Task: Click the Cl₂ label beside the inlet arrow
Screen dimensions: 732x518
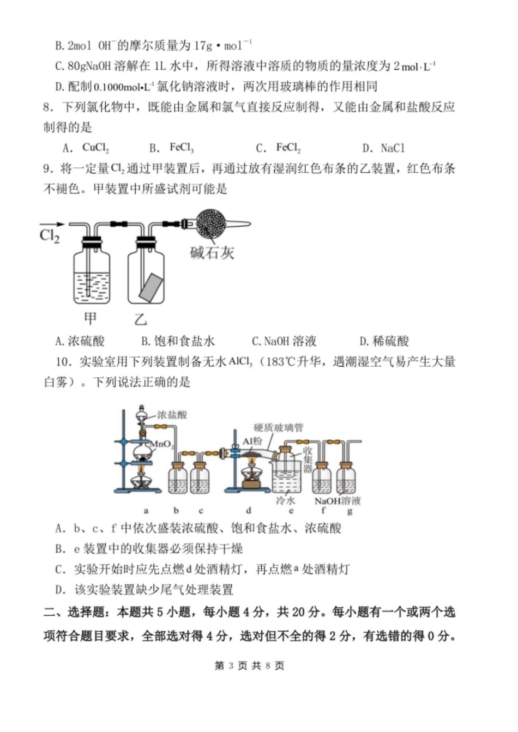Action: (x=50, y=237)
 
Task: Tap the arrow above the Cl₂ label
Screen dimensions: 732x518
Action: (x=52, y=224)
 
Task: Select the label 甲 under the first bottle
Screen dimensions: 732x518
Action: (x=90, y=318)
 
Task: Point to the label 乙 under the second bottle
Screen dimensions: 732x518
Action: (x=141, y=318)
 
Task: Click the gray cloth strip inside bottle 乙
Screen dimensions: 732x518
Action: (x=151, y=287)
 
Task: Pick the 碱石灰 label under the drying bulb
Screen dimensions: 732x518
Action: (x=212, y=252)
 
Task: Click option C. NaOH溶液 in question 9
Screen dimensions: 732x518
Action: (x=284, y=342)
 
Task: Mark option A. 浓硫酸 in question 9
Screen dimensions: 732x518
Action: (x=80, y=342)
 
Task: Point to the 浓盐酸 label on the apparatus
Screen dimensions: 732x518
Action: (x=172, y=415)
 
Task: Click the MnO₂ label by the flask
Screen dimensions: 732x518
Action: (x=161, y=444)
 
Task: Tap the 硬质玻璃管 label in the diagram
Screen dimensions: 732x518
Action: (x=278, y=428)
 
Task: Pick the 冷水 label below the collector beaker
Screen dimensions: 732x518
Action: (x=285, y=500)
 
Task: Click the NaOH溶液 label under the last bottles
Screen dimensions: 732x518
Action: (x=338, y=500)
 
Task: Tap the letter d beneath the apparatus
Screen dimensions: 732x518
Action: (x=249, y=511)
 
